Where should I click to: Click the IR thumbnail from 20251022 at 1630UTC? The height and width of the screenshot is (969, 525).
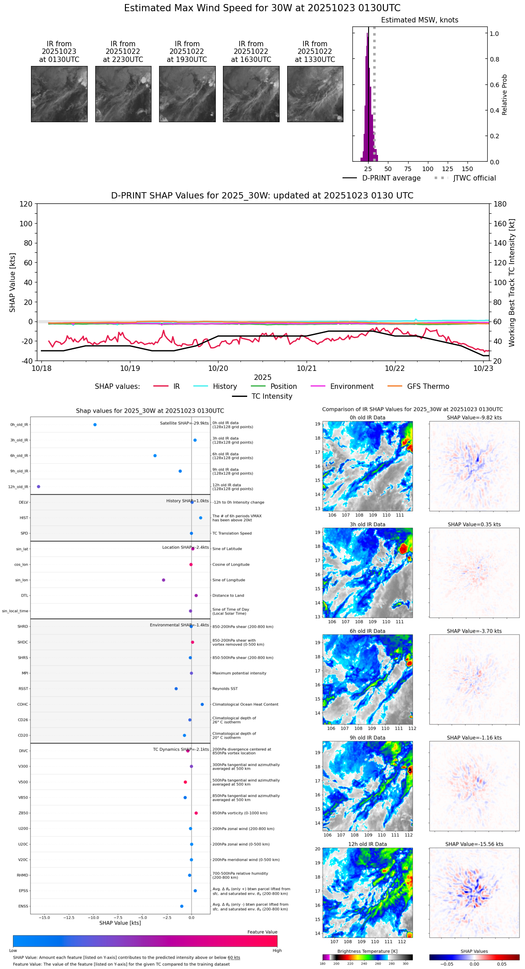[251, 94]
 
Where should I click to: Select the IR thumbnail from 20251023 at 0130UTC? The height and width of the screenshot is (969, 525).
[59, 94]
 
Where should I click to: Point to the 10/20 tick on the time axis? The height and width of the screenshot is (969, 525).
[218, 368]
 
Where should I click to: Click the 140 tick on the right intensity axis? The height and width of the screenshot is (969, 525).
[500, 243]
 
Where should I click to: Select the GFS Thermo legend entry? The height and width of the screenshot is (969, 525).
[428, 387]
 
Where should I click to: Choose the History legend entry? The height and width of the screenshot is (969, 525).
[225, 387]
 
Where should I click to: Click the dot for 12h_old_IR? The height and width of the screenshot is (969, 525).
[39, 487]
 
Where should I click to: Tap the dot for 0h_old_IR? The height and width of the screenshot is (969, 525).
[95, 425]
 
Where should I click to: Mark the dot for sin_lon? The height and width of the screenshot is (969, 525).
[164, 580]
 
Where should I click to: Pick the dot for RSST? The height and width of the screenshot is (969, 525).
[176, 689]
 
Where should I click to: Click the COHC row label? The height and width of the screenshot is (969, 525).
[22, 705]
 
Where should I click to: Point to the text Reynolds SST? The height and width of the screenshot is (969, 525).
[225, 689]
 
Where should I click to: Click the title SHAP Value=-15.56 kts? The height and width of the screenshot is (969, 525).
[474, 844]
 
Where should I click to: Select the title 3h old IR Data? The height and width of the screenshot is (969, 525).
[367, 524]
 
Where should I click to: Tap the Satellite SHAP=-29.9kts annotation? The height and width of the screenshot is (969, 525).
[184, 423]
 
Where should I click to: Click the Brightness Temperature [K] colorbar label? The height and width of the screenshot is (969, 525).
[367, 951]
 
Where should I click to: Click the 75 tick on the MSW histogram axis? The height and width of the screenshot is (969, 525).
[408, 169]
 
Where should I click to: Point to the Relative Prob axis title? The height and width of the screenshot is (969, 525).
[504, 94]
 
